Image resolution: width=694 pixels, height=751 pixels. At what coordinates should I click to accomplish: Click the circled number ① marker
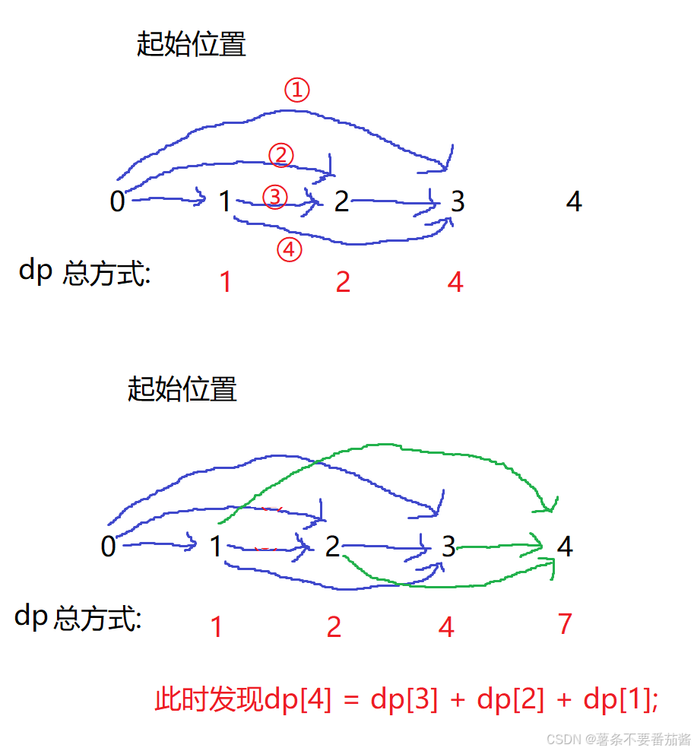tap(297, 90)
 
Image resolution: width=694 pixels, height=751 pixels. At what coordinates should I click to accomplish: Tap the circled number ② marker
tap(280, 155)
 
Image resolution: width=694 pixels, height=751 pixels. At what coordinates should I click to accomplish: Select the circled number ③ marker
tap(275, 198)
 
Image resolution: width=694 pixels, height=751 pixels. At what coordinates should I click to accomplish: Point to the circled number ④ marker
tap(289, 249)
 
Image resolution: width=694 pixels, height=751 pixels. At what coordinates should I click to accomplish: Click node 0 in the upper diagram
tap(117, 201)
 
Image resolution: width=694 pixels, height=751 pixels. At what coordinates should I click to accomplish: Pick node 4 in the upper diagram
tap(574, 201)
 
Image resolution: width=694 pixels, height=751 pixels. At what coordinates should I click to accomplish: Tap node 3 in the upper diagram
tap(457, 201)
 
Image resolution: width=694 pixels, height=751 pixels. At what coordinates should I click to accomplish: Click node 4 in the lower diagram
tap(565, 547)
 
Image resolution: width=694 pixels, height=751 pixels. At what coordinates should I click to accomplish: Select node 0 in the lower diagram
tap(109, 547)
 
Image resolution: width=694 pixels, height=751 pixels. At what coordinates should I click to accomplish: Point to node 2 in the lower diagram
tap(332, 547)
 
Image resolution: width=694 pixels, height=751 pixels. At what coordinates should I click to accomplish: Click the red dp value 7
tap(564, 624)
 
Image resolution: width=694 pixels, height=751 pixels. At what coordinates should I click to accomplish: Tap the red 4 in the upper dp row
tap(455, 282)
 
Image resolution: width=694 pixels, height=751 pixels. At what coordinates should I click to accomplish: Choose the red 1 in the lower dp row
tap(217, 627)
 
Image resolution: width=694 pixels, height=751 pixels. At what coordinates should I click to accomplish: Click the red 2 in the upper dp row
tap(343, 282)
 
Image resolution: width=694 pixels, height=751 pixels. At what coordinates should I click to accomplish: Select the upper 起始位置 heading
tap(191, 45)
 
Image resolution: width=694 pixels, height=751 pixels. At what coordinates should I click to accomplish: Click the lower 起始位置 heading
tap(182, 389)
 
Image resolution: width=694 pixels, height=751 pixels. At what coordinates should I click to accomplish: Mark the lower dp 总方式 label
tap(78, 618)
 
